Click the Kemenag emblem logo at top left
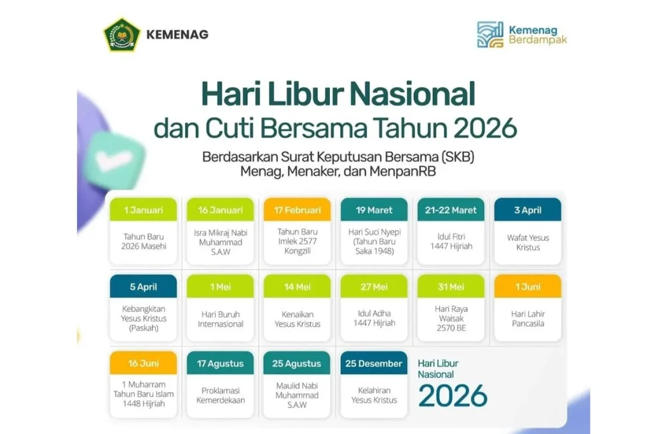pos(122,34)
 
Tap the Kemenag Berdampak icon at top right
pos(490,34)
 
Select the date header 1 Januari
pos(143,210)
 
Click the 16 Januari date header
pos(220,210)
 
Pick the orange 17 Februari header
pos(297,210)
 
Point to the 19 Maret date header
pos(374,210)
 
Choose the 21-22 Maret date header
pos(451,210)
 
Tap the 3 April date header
pos(528,210)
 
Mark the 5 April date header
pos(143,287)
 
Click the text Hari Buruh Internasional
pos(220,319)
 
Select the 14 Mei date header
pos(297,287)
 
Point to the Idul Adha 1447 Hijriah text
pos(374,318)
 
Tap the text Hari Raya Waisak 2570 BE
pos(451,318)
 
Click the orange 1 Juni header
pos(528,287)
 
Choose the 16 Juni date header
pos(143,363)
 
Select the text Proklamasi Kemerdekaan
pos(220,395)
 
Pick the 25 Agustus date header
pos(297,363)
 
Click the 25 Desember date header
pos(374,363)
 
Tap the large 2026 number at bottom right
pos(453,395)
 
